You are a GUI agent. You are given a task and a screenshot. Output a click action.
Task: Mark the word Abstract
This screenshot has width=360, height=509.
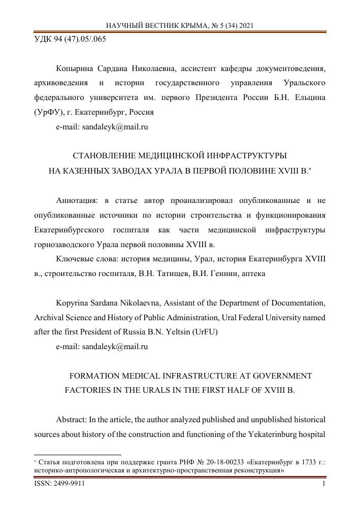(71, 421)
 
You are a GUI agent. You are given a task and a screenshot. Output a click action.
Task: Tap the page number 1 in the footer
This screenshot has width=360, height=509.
(323, 485)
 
